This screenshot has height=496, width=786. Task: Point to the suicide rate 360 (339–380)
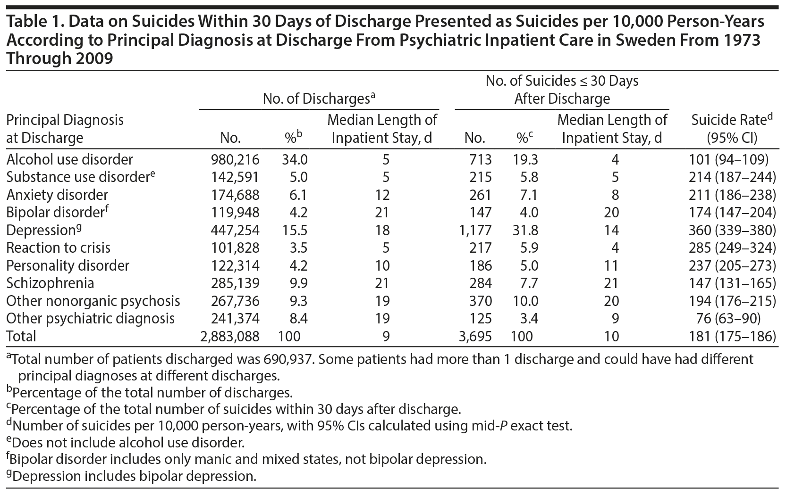click(732, 230)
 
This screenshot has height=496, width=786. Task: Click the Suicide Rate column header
click(732, 128)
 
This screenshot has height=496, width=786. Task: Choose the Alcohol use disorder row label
click(70, 159)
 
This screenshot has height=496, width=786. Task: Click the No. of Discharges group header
click(319, 99)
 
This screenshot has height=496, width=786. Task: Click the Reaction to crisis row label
click(59, 248)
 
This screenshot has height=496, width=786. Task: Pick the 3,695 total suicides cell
click(475, 336)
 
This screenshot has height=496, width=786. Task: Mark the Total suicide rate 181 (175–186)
click(732, 336)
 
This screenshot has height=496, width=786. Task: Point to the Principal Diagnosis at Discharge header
click(65, 129)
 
